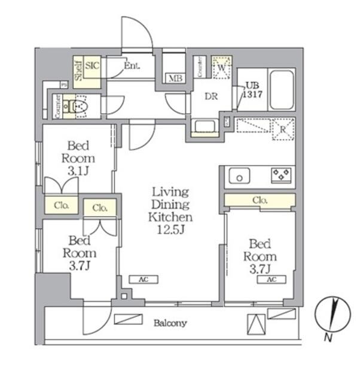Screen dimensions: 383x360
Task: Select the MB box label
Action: click(175, 78)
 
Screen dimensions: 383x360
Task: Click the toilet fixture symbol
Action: click(78, 107)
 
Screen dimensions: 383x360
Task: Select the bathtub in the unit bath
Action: click(282, 90)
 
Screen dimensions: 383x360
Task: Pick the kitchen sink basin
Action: click(241, 177)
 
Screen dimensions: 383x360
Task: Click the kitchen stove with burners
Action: click(280, 175)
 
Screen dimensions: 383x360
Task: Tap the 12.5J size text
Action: click(170, 229)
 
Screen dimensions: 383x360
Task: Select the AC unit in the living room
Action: click(143, 279)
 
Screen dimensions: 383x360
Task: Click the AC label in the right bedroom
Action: click(271, 279)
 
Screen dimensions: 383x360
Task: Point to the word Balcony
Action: click(170, 323)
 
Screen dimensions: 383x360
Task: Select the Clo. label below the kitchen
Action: click(260, 200)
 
